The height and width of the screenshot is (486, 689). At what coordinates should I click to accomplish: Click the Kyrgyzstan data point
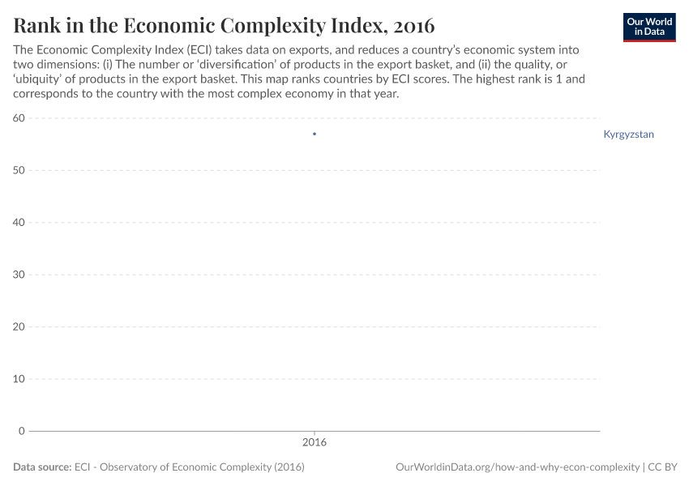point(315,134)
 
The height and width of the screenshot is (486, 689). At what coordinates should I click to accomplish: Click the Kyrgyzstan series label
point(628,134)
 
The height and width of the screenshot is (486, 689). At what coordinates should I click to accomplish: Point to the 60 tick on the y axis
point(19,118)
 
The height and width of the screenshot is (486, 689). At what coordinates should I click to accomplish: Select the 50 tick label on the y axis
point(19,170)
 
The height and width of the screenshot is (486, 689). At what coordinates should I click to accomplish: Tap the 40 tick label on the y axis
point(19,223)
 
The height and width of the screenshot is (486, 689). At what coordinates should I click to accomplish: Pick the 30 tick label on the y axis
point(19,275)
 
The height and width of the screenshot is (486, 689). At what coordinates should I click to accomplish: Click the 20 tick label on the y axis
point(19,326)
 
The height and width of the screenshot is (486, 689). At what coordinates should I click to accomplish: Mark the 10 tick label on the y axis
point(19,379)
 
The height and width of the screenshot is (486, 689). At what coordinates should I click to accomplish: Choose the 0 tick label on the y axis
point(23,431)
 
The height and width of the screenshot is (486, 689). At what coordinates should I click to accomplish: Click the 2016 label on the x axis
point(315,443)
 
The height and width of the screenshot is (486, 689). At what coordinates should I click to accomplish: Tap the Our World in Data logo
point(648,27)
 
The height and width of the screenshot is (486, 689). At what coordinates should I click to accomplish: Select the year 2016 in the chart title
point(413,26)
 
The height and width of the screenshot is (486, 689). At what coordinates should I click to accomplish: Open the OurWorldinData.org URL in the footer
point(517,467)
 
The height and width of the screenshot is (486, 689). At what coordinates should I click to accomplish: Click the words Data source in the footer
point(41,467)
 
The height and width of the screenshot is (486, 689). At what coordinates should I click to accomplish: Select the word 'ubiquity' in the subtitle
point(38,79)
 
